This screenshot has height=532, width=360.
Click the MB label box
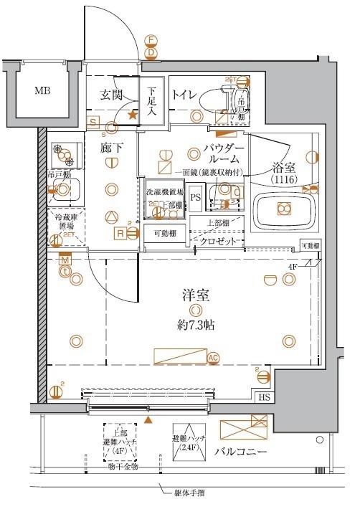tap(43, 91)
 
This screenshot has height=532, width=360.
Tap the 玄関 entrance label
tap(112, 95)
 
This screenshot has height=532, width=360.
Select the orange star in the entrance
tap(132, 114)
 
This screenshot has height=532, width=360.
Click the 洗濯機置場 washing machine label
tap(165, 193)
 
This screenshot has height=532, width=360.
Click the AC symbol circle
tap(213, 358)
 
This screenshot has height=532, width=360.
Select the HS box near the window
tap(264, 397)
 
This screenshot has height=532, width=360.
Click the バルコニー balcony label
tap(241, 452)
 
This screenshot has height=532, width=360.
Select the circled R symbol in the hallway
tap(121, 232)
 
